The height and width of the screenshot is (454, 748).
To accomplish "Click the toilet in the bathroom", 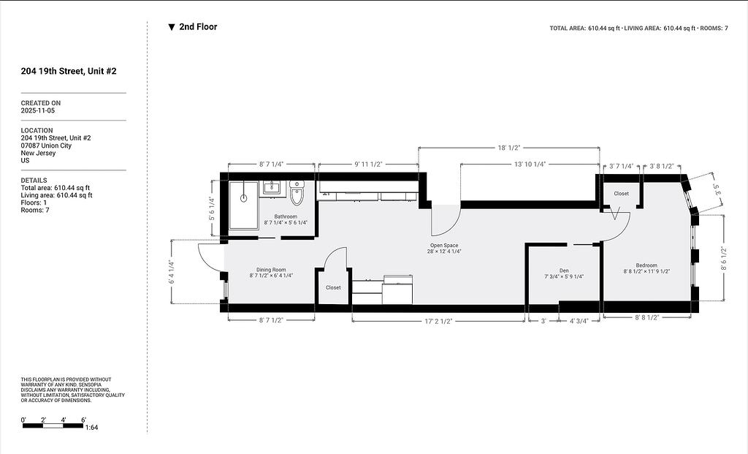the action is click(x=297, y=192).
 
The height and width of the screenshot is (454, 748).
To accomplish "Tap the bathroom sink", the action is click(x=272, y=187).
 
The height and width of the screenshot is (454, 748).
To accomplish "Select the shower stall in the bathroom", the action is click(x=243, y=205).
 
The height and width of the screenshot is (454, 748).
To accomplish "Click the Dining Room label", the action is click(x=271, y=270).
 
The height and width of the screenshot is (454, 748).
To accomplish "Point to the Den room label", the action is click(x=564, y=270).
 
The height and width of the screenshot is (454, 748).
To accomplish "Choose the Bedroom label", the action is click(x=646, y=265).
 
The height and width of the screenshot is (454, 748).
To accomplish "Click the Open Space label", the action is click(x=444, y=246).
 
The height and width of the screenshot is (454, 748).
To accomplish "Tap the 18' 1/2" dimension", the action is click(x=509, y=148).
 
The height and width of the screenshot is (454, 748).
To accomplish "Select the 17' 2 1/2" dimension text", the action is click(x=438, y=321).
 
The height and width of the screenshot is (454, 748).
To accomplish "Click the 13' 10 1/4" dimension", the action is click(x=530, y=164).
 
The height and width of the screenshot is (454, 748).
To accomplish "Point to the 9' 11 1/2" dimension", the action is click(x=368, y=164).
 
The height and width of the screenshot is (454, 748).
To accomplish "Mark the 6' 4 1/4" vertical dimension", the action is click(x=170, y=272).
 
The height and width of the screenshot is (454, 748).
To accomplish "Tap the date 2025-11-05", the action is click(x=38, y=110).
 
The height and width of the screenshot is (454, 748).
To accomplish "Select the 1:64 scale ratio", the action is click(x=91, y=427).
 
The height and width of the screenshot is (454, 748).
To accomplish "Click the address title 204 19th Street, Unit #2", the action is click(x=69, y=71).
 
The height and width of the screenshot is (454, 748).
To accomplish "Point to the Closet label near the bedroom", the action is click(x=621, y=193).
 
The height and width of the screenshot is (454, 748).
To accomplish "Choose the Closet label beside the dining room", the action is click(x=333, y=287).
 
